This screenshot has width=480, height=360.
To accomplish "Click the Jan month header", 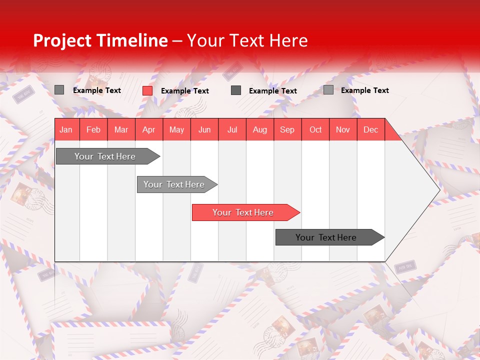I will [66, 130].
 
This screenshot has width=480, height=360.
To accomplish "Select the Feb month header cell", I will [93, 130].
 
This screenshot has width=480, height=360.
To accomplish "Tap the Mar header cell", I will [121, 130].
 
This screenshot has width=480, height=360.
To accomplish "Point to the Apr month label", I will [148, 130].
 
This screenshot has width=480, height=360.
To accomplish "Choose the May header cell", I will [176, 130].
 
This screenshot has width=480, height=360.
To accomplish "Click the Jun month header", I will [204, 130].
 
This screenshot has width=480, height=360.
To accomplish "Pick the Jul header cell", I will [232, 130].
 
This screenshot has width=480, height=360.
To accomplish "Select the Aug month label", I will [260, 130].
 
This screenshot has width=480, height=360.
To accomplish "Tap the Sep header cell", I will [287, 130].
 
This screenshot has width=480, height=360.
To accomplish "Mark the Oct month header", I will [315, 130].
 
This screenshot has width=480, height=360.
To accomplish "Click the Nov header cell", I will [343, 130].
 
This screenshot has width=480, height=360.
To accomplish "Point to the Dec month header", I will [370, 130].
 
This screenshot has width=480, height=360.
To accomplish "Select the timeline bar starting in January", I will [105, 156].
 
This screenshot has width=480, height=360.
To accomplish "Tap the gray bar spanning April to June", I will [174, 184].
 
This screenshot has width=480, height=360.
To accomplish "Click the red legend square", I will [147, 90].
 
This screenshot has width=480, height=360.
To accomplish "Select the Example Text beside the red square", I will [185, 91].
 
